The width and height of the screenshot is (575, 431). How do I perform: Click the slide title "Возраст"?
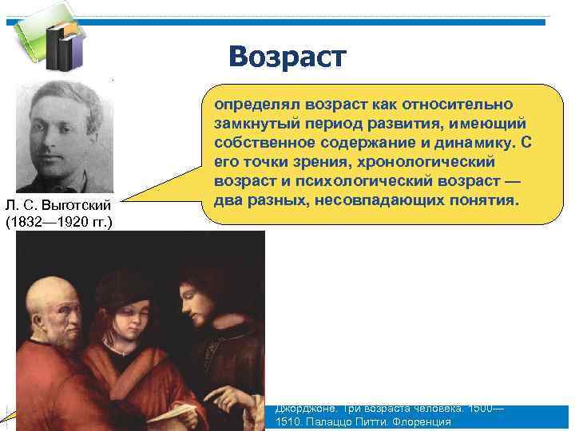tap(287, 57)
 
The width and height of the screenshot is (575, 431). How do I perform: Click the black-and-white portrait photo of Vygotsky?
tap(65, 135)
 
